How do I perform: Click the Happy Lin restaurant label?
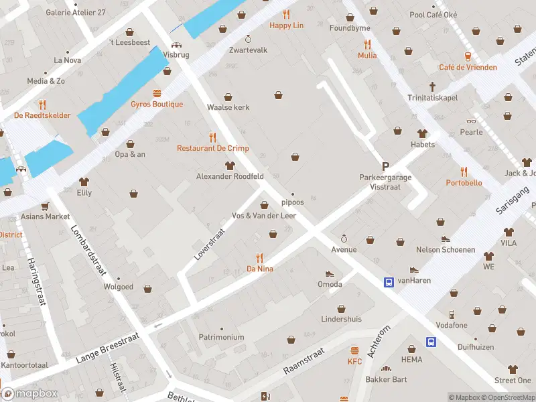pos(286,25)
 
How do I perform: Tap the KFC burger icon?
pos(354,350)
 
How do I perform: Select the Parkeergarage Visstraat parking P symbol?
pos(385,165)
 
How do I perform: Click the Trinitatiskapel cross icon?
pos(433,86)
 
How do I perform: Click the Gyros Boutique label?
pos(157,105)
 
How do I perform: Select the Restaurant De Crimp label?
pos(212,148)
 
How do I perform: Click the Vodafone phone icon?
pos(452,314)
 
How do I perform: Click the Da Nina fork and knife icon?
pos(259,257)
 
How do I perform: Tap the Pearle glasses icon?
pos(471,121)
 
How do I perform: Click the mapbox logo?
pos(29,393)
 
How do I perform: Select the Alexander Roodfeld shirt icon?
pos(230,165)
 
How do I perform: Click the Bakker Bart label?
pos(385,380)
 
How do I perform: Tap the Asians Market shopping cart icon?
pos(45,206)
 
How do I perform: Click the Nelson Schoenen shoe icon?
pos(445,239)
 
